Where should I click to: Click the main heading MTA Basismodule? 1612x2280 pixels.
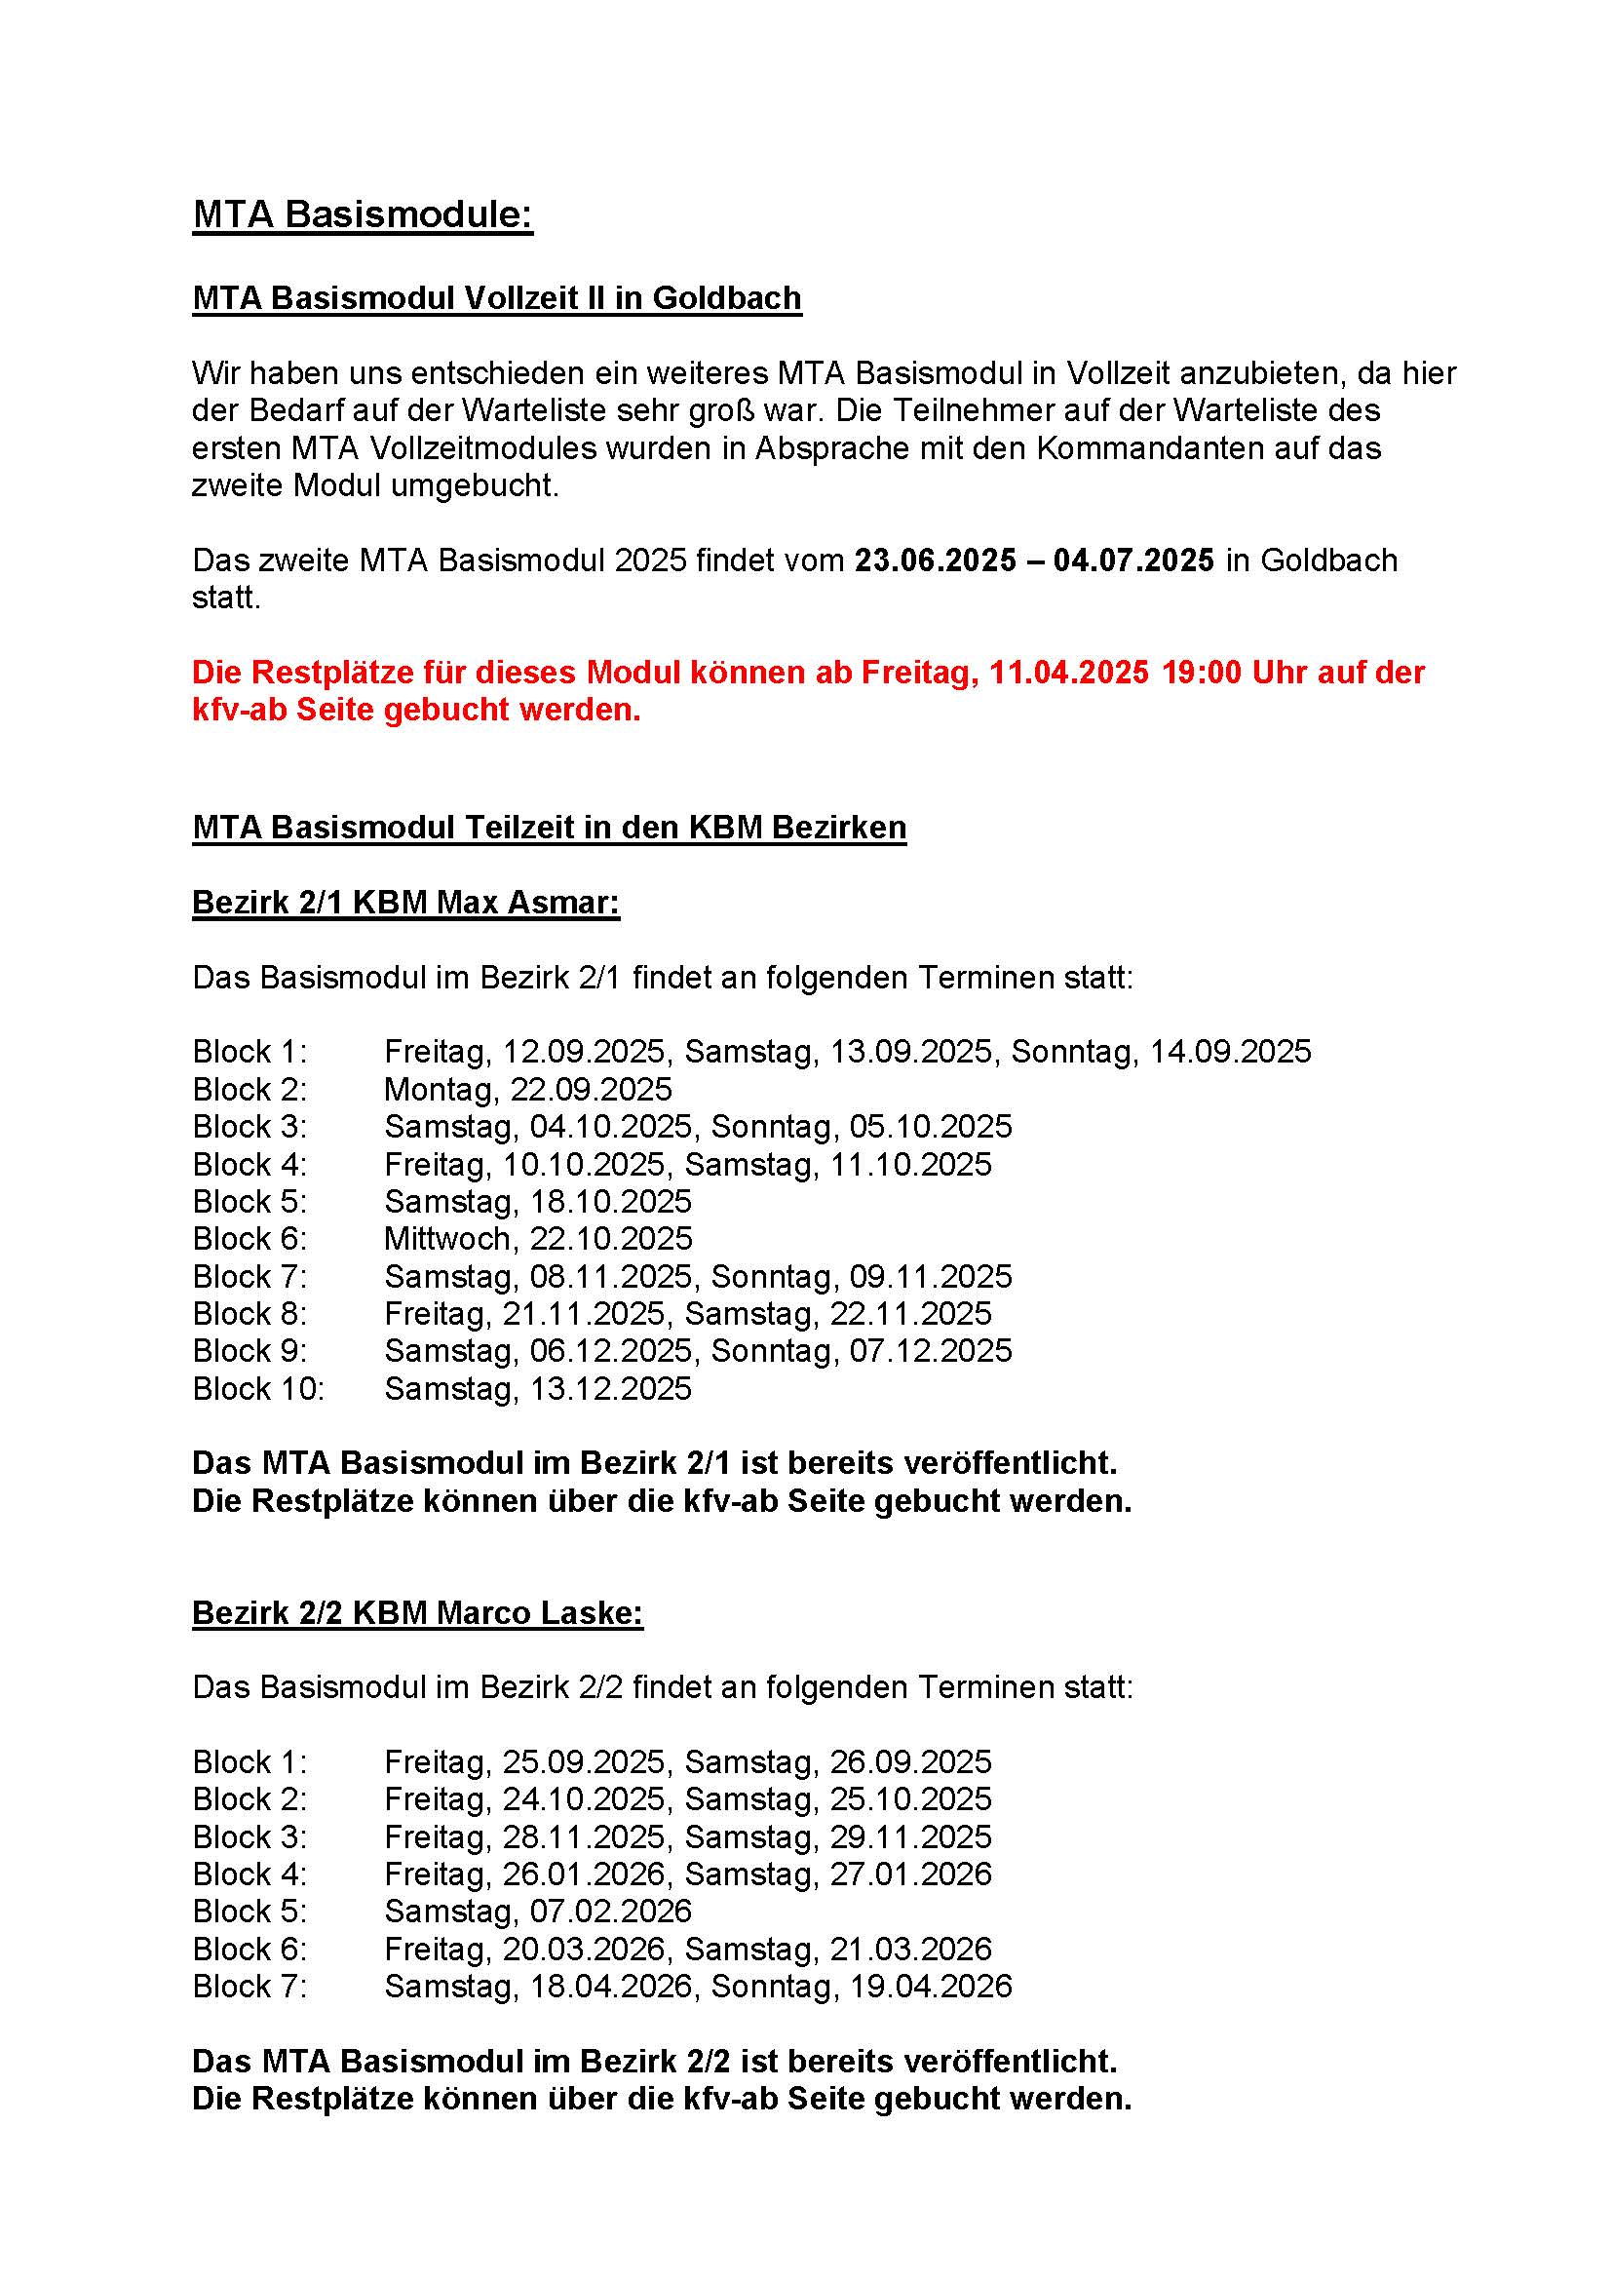coord(363,214)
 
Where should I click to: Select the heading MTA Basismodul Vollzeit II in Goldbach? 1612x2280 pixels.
coord(496,298)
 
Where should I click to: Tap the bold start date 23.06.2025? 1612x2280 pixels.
coord(935,560)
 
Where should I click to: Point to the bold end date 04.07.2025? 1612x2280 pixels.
coord(1132,560)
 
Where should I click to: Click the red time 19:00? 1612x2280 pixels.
coord(1201,673)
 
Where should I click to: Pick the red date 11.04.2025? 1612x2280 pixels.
coord(1069,673)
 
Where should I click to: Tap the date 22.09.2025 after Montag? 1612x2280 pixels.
coord(591,1090)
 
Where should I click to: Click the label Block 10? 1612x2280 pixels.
coord(258,1388)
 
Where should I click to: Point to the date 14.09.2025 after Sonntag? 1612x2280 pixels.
coord(1230,1052)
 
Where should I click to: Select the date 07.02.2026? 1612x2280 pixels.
coord(610,1911)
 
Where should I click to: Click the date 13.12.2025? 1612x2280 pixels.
coord(610,1388)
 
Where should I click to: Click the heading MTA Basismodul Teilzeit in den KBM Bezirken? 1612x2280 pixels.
coord(549,828)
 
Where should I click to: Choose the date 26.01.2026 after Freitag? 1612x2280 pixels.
coord(584,1874)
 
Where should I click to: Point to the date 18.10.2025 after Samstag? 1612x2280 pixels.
coord(610,1202)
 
